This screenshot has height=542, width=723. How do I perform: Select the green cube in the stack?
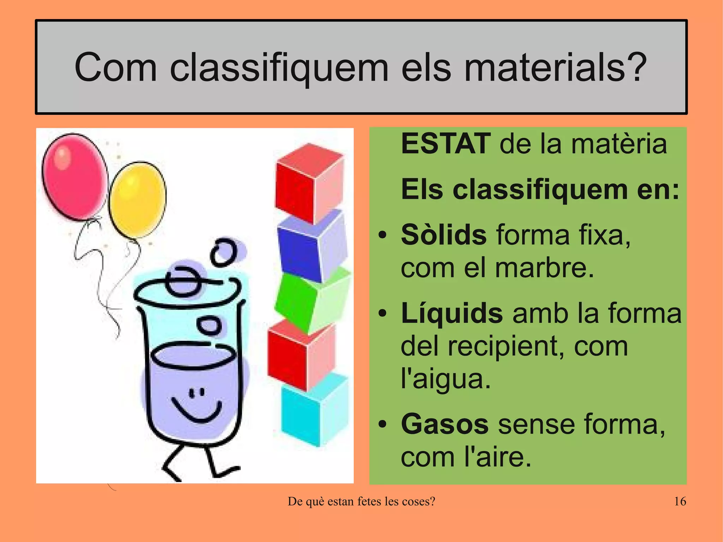coord(311,300)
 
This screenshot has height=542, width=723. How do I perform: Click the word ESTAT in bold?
coord(446,144)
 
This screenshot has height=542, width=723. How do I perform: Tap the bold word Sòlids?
coord(444,235)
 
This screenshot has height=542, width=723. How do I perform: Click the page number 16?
coord(680,501)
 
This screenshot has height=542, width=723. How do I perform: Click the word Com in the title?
coord(115,67)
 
